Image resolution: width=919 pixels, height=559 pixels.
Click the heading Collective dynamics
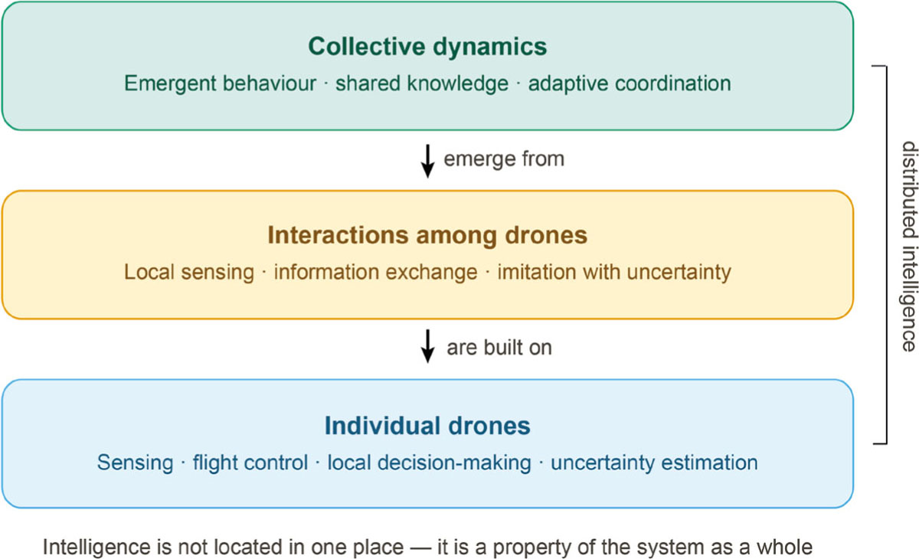[427, 47]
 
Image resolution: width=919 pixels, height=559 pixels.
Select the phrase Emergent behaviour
[221, 83]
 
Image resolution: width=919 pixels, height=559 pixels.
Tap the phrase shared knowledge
[422, 84]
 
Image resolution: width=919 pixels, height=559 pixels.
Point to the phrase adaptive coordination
[630, 84]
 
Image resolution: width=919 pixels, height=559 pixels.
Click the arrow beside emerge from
[427, 161]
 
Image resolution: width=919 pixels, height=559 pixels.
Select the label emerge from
[504, 159]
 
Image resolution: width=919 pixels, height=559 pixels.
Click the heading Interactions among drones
[427, 235]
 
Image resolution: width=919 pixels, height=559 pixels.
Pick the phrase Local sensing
[189, 273]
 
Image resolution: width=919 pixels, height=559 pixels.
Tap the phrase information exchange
[376, 273]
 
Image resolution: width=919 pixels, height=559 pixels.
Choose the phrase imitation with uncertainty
[614, 273]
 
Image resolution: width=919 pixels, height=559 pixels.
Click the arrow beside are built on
[427, 345]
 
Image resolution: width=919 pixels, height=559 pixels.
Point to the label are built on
[499, 348]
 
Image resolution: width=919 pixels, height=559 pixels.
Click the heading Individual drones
[427, 425]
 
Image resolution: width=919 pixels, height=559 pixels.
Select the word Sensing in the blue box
[135, 463]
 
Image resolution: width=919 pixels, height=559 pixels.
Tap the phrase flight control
[250, 463]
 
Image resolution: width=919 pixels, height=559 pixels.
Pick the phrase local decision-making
[429, 463]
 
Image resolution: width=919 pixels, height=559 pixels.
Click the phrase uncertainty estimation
[654, 463]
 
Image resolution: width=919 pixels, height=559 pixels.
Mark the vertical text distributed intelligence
[909, 246]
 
